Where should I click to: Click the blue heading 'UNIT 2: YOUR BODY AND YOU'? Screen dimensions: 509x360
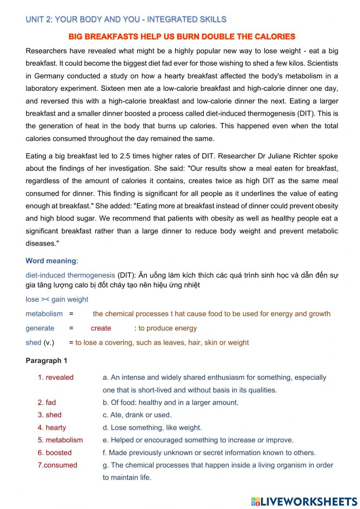pos(126,19)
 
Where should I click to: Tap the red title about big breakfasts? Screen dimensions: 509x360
pos(182,37)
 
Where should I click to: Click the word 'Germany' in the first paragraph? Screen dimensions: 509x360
pos(49,76)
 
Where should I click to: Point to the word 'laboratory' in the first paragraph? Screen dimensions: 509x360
pos(42,89)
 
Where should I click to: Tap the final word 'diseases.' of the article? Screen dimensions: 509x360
pos(42,244)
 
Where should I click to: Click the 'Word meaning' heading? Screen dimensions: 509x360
pos(51,261)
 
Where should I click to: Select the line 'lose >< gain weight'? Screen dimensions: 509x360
pos(57,299)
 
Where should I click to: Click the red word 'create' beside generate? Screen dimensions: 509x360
pos(101,328)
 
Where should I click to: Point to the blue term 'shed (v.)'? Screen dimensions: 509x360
pos(40,343)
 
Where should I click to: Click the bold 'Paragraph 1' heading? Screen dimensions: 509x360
pos(46,361)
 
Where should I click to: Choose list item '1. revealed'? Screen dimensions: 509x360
pos(56,378)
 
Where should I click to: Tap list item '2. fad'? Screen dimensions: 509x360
pos(47,402)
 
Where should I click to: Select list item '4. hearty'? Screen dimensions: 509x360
pos(52,428)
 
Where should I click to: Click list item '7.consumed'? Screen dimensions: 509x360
pos(58,465)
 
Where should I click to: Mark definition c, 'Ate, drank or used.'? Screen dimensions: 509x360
pos(137,415)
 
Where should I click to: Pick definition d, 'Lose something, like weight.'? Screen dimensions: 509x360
pos(152,428)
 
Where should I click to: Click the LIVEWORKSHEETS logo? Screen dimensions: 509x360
pos(304,501)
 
